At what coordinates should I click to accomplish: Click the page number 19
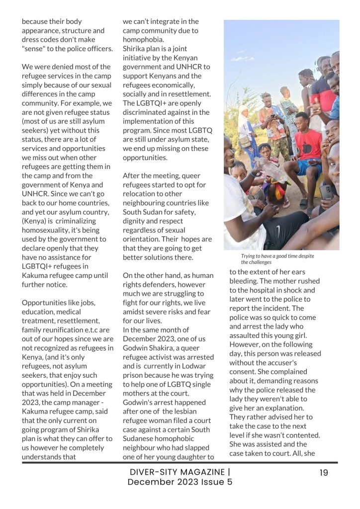(324, 473)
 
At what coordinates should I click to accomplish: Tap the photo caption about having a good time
(277, 259)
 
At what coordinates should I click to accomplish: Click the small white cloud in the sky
(243, 59)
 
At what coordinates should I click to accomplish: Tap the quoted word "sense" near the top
(34, 49)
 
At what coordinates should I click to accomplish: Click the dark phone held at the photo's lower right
(326, 191)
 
